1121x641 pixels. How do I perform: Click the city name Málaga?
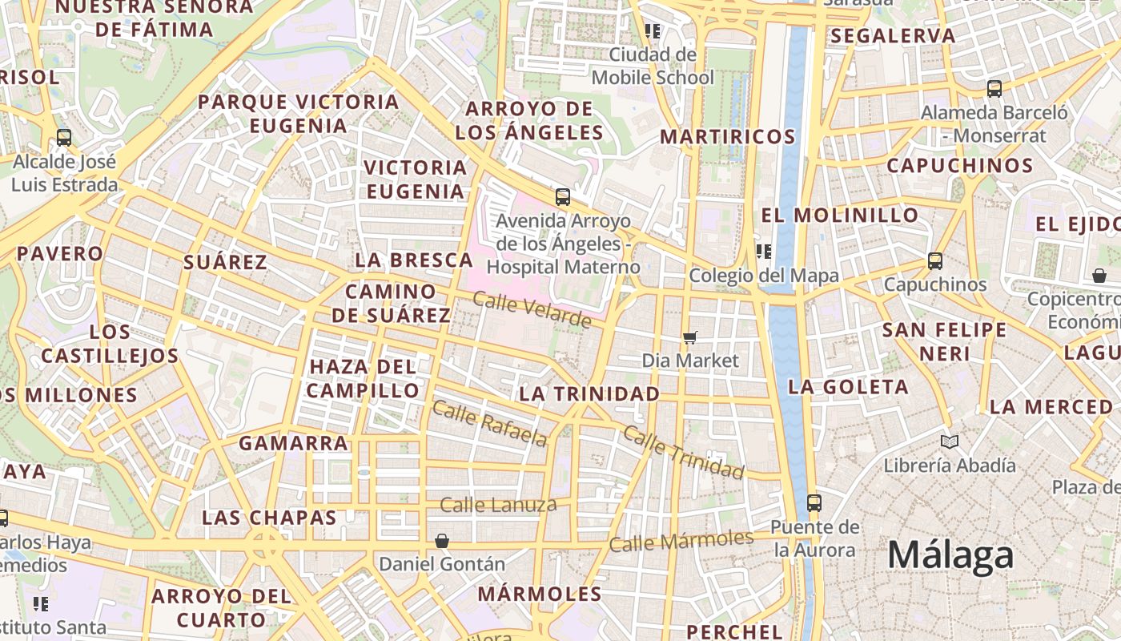[950, 555]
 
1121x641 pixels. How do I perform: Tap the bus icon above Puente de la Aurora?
[814, 503]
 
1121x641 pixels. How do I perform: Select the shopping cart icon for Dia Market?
[689, 338]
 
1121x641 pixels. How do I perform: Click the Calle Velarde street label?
[532, 309]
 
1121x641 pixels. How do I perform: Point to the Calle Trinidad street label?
[683, 452]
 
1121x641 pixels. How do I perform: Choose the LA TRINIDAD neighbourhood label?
[589, 393]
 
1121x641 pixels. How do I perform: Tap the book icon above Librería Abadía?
[950, 441]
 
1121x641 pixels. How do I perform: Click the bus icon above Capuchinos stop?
[934, 260]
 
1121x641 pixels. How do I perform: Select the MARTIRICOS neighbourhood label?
[727, 136]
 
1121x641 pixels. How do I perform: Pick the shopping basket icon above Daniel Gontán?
[441, 541]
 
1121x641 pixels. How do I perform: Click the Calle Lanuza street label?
[498, 505]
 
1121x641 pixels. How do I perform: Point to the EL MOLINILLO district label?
[839, 215]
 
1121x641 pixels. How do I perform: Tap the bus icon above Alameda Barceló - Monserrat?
[994, 89]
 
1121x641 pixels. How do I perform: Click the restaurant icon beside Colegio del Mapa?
[764, 252]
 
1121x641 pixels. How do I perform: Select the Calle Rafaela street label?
[490, 423]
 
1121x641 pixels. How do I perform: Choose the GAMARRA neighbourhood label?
[293, 442]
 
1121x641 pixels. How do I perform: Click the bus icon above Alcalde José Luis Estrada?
[64, 138]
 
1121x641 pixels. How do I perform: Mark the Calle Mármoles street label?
[681, 541]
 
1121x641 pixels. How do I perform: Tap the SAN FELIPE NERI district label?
[944, 341]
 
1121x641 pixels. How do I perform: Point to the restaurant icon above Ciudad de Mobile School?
[653, 31]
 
